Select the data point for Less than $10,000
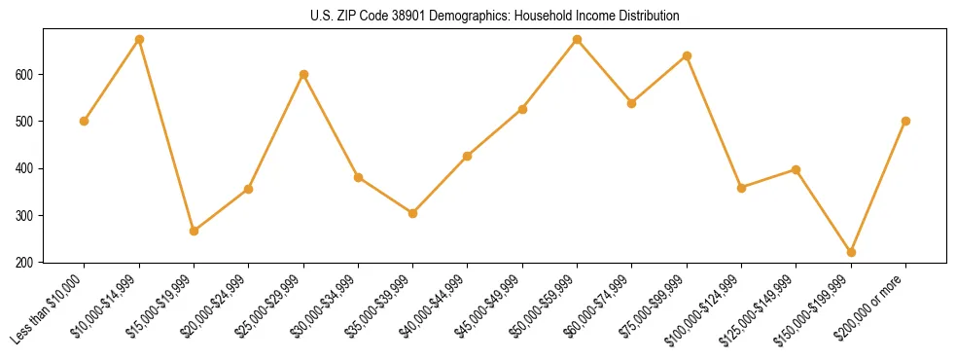point(85,121)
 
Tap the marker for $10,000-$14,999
point(139,40)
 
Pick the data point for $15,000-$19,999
point(194,231)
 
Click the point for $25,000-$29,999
point(303,74)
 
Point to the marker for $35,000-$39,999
point(413,213)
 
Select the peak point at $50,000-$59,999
point(578,40)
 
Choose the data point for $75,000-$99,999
point(687,55)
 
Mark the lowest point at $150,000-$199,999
point(851,252)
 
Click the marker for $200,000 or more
point(905,121)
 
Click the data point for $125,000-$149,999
point(797,169)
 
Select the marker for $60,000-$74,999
point(632,102)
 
